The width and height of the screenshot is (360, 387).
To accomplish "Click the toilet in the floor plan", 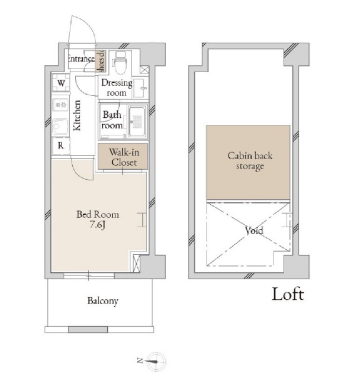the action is coord(120,63).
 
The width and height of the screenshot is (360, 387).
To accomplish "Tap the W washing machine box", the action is coord(61,83).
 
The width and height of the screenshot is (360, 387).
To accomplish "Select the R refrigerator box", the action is coord(61,146).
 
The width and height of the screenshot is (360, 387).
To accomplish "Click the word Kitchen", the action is coord(77,115).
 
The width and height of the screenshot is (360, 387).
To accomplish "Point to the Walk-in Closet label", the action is coord(124,157).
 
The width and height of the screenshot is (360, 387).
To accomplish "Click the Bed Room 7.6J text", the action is coord(98,219).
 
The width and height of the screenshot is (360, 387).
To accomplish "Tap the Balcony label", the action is coord(102,301).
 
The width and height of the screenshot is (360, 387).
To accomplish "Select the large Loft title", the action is coord(288,294).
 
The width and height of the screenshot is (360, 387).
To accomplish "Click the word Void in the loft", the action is coord(254,231).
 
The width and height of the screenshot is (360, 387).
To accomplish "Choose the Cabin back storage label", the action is coord(250,161).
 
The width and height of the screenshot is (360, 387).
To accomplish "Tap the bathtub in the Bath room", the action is coord(137,121).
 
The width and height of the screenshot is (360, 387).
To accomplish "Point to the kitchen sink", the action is coord(60,127).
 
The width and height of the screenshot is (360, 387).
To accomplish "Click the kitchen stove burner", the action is coord(60,105).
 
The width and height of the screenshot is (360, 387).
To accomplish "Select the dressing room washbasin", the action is coord(140,88).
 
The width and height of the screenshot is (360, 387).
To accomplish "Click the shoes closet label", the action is coord(101,61).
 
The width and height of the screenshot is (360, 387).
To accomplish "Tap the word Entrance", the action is coord(81,59).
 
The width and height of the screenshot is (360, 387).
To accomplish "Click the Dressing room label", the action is coord(117,88).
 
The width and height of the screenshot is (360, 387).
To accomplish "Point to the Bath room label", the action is coord(112,120).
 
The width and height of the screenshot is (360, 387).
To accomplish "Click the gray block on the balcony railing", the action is coord(88,330).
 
